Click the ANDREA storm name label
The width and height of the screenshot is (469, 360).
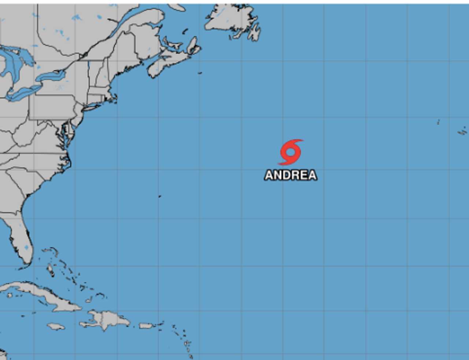coord(291,175)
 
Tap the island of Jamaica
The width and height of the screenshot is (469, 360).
coord(56,326)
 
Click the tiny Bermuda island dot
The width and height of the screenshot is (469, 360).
coord(160,196)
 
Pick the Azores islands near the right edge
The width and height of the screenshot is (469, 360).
coord(462,131)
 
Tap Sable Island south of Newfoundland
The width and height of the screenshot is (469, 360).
coord(200,73)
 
